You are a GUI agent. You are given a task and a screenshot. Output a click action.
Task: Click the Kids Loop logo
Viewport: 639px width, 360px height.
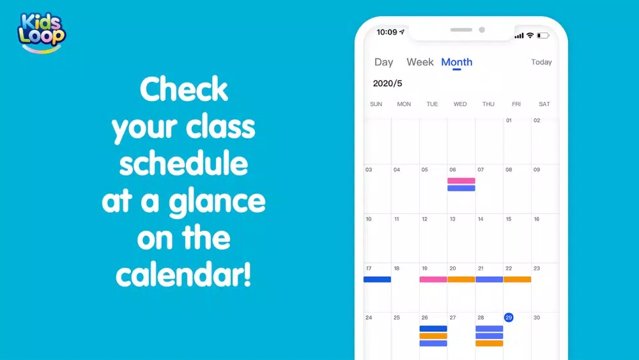[41, 33]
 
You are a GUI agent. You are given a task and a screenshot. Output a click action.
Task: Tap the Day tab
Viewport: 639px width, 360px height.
[383, 62]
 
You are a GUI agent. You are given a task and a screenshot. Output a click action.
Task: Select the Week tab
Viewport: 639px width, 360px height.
[420, 62]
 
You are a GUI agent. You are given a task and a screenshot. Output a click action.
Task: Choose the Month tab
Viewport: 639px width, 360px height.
[457, 62]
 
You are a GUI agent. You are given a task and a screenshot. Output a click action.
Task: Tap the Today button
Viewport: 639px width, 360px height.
[541, 62]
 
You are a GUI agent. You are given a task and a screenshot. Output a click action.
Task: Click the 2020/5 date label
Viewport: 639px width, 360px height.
[388, 84]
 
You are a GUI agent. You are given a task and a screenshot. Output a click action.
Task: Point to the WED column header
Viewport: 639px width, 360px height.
[460, 104]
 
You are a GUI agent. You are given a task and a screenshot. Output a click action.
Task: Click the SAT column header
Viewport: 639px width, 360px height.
[544, 104]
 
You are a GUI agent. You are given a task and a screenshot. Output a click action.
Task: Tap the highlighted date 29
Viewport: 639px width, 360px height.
[509, 318]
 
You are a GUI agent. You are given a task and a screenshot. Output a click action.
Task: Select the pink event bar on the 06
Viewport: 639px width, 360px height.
[461, 180]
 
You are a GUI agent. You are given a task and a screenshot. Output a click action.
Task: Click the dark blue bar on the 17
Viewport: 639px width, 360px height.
[378, 279]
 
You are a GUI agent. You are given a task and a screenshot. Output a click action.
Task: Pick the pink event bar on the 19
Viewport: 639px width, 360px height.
[433, 279]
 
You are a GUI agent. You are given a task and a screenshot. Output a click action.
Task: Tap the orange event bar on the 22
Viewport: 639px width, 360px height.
[517, 279]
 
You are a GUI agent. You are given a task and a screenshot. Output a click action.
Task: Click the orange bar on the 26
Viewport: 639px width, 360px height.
[433, 336]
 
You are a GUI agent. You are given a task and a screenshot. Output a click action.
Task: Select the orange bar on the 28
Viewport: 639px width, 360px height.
[489, 343]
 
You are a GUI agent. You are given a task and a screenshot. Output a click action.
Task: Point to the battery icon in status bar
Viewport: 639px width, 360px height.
[543, 36]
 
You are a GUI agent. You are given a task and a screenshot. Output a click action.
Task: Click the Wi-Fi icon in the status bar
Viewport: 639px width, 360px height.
[530, 35]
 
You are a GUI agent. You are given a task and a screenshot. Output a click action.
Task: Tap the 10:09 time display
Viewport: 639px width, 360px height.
[387, 32]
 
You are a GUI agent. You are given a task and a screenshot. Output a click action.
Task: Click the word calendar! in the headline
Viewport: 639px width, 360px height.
[183, 274]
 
